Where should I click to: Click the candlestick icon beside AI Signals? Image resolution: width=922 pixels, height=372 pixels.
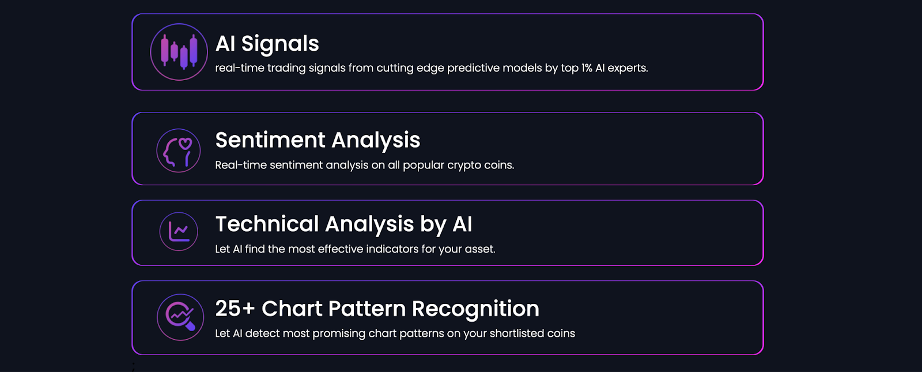179,52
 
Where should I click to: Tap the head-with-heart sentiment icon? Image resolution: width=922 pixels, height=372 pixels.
179,151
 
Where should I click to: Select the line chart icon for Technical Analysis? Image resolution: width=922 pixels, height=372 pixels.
179,231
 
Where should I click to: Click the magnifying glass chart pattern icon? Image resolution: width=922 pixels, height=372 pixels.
180,317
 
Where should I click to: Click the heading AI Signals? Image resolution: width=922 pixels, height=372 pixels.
267,44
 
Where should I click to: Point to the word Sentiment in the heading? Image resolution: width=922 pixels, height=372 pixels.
270,140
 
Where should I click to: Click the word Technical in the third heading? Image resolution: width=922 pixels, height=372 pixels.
267,224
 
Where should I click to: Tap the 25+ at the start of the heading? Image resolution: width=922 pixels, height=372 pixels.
235,309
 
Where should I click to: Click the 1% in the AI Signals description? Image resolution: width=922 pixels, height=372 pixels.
587,68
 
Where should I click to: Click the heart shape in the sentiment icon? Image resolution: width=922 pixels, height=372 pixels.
185,144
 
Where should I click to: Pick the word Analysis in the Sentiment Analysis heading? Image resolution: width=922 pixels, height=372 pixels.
376,141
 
